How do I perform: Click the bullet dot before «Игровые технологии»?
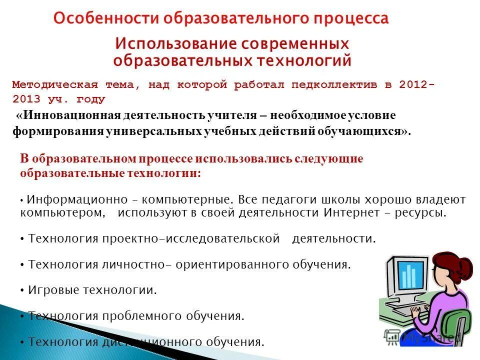click(23, 290)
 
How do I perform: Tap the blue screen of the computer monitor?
click(411, 275)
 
